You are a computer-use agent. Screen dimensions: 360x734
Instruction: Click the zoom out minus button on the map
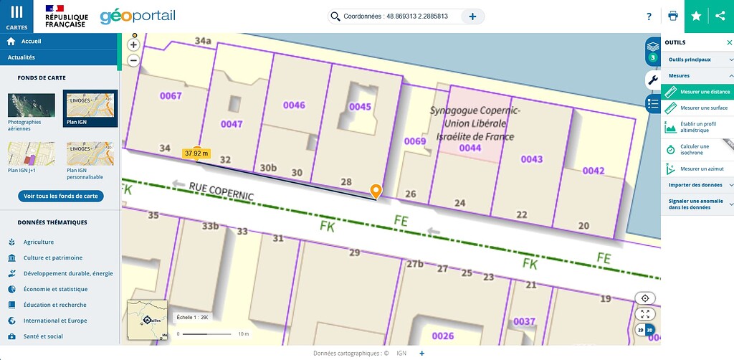tap(133, 60)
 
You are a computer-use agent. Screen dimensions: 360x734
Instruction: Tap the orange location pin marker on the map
tap(376, 190)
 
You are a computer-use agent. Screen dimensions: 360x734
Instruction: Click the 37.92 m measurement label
tap(196, 153)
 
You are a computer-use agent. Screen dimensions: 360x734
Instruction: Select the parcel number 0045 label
tap(360, 107)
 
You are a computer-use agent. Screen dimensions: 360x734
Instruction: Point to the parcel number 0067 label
tap(171, 95)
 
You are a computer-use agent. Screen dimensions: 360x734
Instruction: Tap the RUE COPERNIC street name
tap(221, 191)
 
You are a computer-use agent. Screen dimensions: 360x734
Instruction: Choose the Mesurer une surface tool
tap(697, 108)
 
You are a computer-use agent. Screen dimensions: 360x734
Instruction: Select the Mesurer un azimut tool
tap(697, 169)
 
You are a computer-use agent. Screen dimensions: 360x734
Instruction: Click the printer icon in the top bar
tap(672, 16)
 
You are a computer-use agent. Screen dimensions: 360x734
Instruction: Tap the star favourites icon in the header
tap(696, 16)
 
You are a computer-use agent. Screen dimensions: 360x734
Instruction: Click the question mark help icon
tap(649, 16)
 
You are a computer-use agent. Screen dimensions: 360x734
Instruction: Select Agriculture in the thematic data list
tap(38, 242)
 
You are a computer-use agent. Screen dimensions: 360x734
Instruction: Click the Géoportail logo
tap(138, 16)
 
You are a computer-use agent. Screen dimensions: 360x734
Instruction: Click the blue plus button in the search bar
tap(472, 16)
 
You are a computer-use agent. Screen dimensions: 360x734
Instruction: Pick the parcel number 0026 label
tap(443, 336)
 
